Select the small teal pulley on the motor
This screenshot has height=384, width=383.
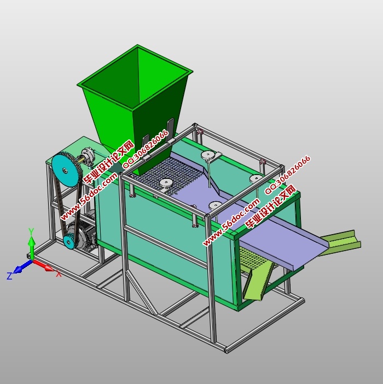(x=69, y=241)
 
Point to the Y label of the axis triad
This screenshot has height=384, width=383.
(x=31, y=231)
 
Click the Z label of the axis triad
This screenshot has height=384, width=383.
(x=9, y=276)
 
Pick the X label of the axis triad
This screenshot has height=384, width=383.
(x=59, y=274)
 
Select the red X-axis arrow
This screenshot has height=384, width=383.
(x=44, y=265)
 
